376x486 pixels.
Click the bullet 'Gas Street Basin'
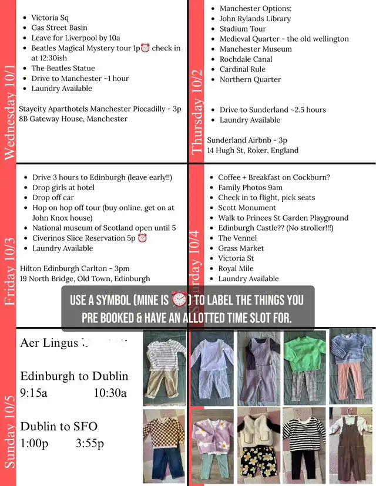coord(59,28)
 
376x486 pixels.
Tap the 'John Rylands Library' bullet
coord(255,19)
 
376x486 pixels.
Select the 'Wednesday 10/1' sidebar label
coord(9,112)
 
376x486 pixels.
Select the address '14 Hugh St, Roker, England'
coord(253,150)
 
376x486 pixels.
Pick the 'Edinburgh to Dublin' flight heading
coord(74,376)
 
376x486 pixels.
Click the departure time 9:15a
coord(33,393)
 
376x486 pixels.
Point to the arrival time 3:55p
coord(90,443)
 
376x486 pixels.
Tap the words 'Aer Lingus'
coord(49,342)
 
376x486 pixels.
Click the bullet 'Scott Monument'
coord(247,208)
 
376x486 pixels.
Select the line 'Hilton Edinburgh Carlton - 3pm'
coord(75,269)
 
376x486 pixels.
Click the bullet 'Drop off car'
coord(53,198)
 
